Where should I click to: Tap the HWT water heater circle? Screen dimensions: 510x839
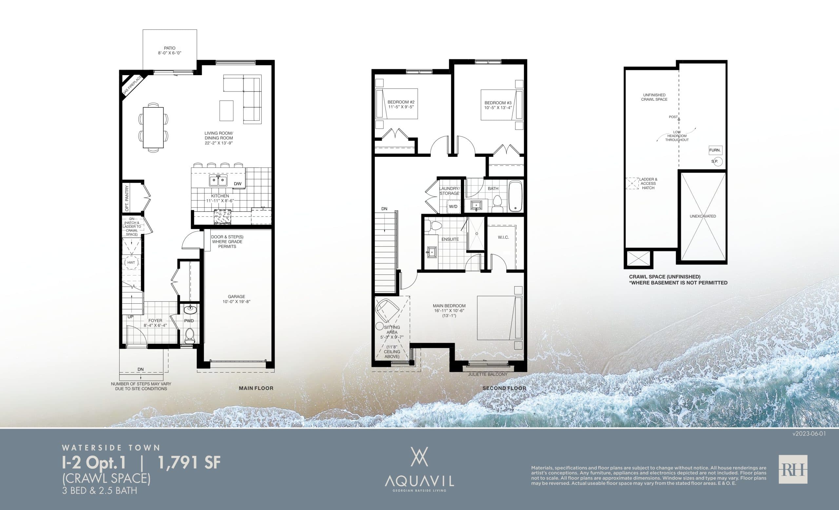click(x=131, y=262)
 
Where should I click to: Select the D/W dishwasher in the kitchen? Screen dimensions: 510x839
click(x=237, y=184)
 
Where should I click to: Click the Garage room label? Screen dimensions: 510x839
click(x=236, y=297)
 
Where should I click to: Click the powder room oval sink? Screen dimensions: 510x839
click(x=189, y=309)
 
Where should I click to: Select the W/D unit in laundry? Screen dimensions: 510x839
click(x=453, y=206)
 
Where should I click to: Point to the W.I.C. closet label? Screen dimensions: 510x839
click(x=503, y=237)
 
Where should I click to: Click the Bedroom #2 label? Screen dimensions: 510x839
click(x=401, y=102)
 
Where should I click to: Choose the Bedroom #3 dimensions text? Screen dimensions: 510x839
click(x=498, y=108)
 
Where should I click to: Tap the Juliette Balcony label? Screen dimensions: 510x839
click(x=487, y=374)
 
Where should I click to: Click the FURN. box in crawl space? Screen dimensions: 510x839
click(x=715, y=150)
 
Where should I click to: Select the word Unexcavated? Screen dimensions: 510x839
click(x=703, y=216)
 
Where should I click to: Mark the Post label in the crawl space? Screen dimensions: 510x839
click(x=673, y=117)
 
